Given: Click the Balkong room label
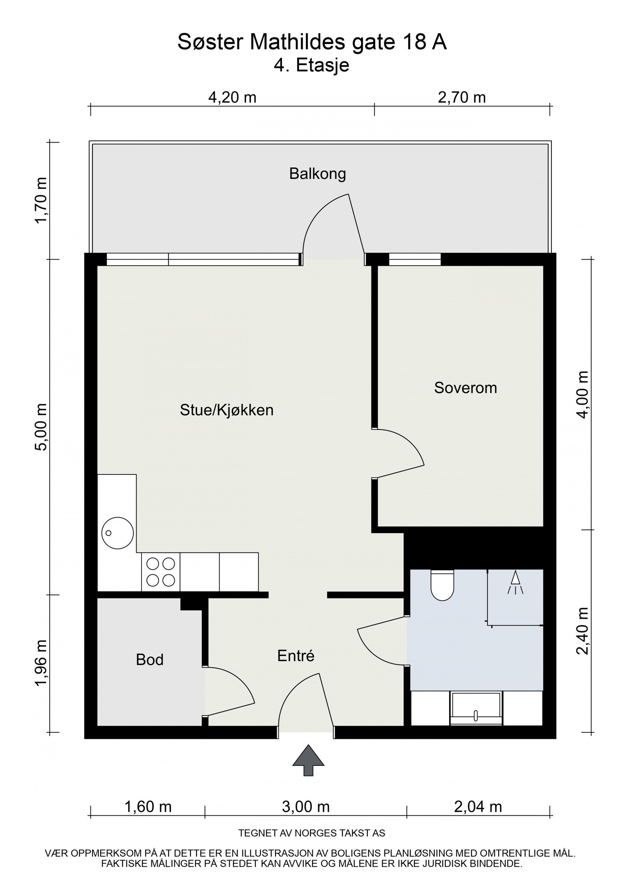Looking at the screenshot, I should [317, 173].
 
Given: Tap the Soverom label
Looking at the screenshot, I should [465, 388].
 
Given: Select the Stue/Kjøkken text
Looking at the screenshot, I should [226, 410].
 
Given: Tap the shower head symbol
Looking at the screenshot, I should [515, 583].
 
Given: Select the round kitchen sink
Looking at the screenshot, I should [117, 533].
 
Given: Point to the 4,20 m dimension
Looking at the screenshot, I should [232, 97].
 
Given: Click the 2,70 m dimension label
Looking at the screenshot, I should [462, 97].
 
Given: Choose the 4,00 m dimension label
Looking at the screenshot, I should [583, 394].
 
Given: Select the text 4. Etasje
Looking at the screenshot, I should [311, 65].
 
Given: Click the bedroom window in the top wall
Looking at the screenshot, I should [415, 259].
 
